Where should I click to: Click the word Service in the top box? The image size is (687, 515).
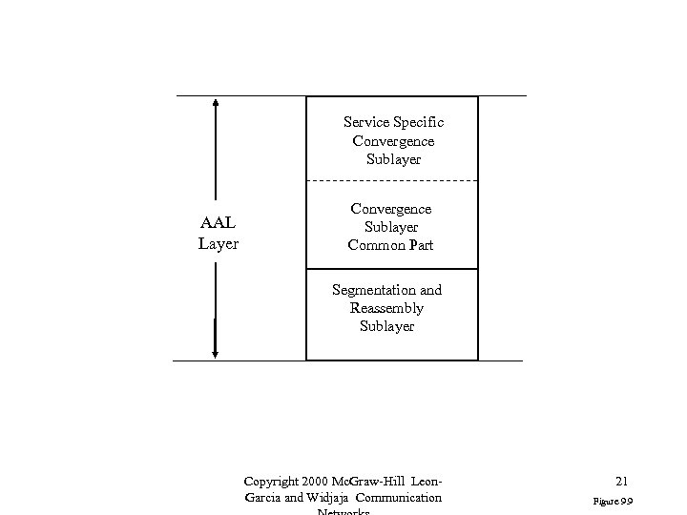[365, 123]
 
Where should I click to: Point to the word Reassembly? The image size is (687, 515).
[387, 308]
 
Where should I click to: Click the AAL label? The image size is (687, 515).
[218, 224]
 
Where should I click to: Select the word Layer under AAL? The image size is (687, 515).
[218, 243]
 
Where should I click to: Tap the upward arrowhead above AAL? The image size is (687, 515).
[217, 102]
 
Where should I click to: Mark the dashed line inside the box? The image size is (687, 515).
[391, 180]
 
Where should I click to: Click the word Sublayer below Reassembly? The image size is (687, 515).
[387, 326]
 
